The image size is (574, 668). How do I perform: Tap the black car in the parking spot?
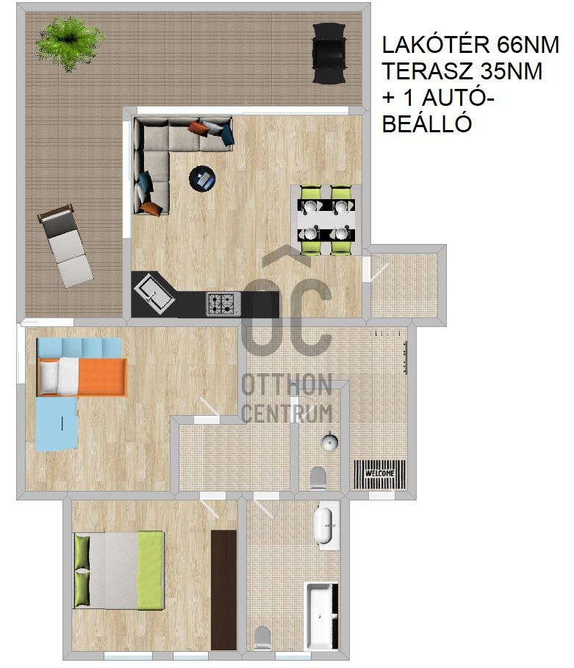tap(329, 53)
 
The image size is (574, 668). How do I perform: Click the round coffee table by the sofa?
tap(202, 178)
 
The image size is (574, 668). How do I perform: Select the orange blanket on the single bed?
tap(103, 377)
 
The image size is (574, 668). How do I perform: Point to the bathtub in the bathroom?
tap(321, 615)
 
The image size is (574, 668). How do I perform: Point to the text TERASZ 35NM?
tap(462, 71)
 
